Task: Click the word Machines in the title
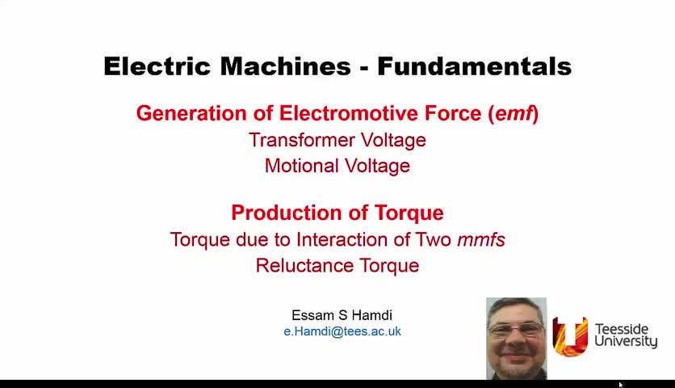click(285, 66)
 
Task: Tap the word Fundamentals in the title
click(475, 66)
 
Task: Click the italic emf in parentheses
click(514, 113)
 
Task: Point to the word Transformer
click(302, 140)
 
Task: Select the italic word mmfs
click(481, 239)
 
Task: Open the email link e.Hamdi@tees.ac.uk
click(342, 331)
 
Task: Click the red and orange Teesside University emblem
click(570, 337)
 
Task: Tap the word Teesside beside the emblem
click(622, 329)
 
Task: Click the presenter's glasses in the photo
click(516, 330)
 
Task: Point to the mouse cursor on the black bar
click(621, 385)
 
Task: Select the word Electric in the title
click(157, 66)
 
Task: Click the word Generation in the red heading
click(191, 113)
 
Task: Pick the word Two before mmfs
click(433, 239)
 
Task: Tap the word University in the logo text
click(626, 341)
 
